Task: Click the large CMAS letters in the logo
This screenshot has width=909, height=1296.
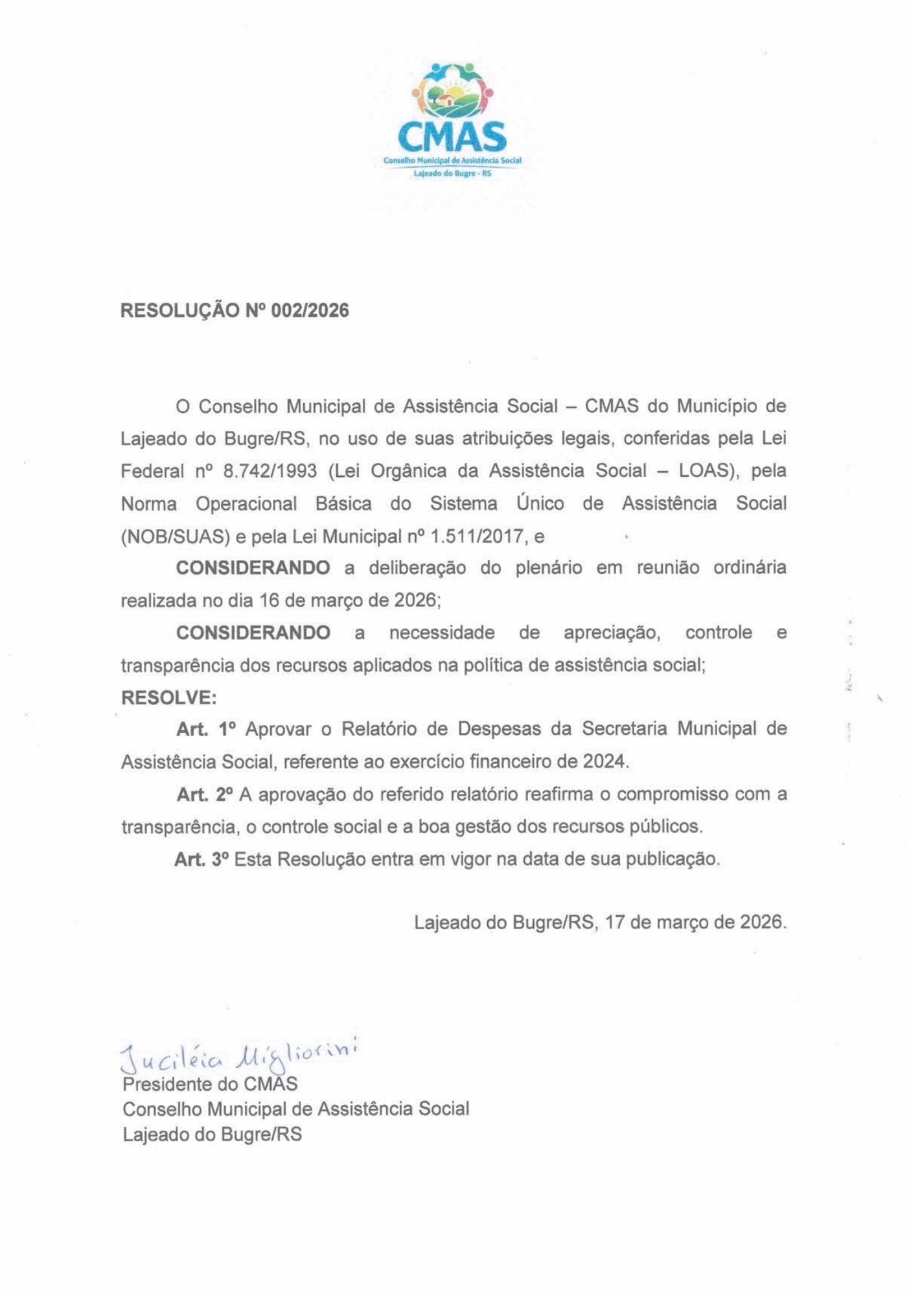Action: pyautogui.click(x=452, y=137)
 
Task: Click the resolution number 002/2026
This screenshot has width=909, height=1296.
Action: pyautogui.click(x=310, y=310)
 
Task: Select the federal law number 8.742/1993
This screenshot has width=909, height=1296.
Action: pyautogui.click(x=270, y=471)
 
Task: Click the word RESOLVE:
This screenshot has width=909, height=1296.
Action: pyautogui.click(x=168, y=698)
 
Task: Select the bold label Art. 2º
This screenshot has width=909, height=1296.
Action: pyautogui.click(x=205, y=794)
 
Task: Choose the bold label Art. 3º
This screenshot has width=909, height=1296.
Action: pyautogui.click(x=201, y=859)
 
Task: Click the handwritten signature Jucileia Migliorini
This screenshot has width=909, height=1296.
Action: pyautogui.click(x=240, y=1055)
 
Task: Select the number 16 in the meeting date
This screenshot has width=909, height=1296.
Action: pyautogui.click(x=269, y=601)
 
